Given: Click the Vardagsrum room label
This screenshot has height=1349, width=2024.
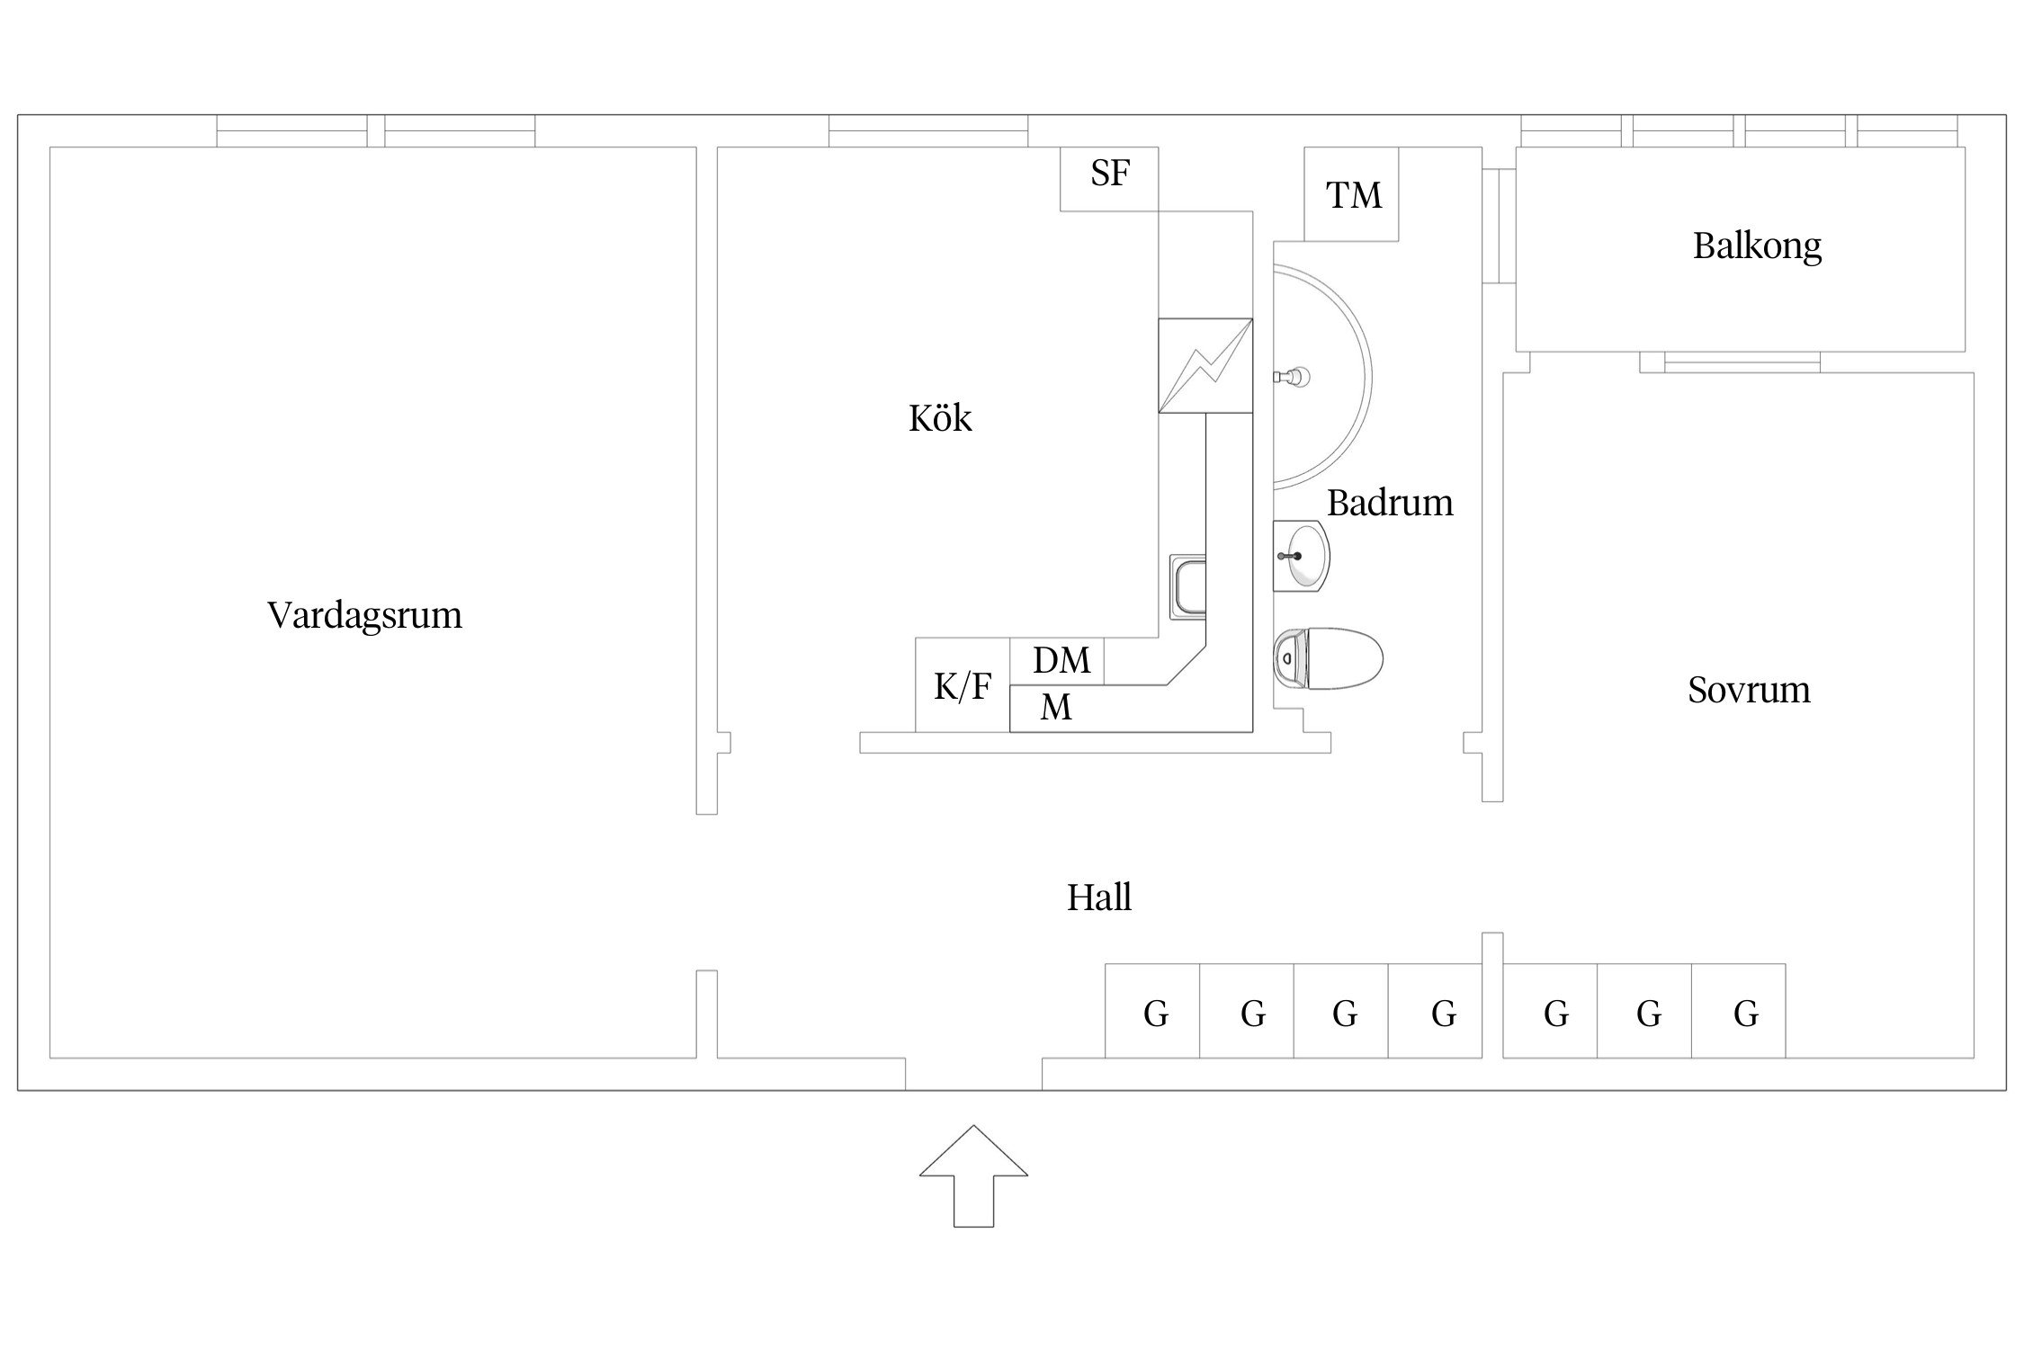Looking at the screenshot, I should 364,615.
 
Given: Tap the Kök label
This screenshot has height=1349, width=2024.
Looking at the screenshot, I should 940,418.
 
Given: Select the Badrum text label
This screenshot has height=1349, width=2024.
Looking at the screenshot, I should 1390,503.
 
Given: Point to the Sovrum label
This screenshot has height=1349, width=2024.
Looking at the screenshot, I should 1749,690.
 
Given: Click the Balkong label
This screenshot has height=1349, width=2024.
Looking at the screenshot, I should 1757,246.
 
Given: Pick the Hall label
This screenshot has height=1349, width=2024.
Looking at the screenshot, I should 1098,898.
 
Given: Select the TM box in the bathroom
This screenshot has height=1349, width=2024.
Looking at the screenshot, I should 1352,194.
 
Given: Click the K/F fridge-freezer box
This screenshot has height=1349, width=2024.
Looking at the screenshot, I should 963,686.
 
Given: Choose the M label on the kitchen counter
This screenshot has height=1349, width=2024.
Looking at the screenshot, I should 1056,709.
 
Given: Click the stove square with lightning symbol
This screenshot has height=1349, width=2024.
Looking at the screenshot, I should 1205,365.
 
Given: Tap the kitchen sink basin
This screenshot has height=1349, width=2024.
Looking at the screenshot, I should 1187,587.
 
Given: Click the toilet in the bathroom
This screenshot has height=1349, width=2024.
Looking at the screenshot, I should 1328,659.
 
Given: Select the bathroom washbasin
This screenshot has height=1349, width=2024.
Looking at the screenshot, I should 1302,556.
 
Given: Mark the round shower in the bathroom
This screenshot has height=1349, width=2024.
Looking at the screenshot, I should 1321,376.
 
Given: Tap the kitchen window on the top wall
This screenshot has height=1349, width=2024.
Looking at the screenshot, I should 927,130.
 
